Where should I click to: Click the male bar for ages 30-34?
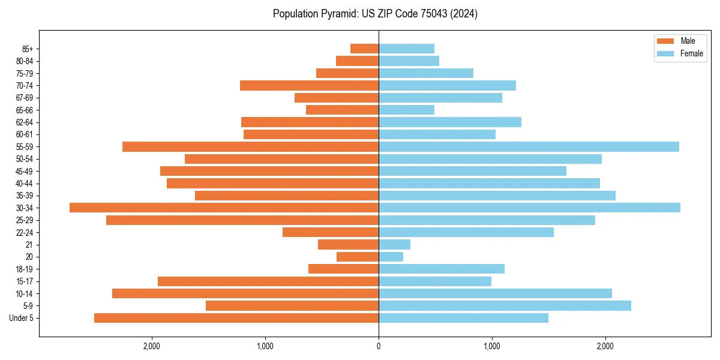pyautogui.click(x=224, y=208)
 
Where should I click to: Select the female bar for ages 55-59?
pyautogui.click(x=529, y=146)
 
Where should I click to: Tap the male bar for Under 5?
pyautogui.click(x=236, y=318)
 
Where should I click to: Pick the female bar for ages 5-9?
pyautogui.click(x=505, y=305)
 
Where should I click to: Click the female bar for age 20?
pyautogui.click(x=391, y=257)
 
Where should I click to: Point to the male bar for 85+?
pyautogui.click(x=364, y=49)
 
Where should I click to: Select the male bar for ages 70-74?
pyautogui.click(x=309, y=85)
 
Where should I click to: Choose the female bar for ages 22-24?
pyautogui.click(x=466, y=232)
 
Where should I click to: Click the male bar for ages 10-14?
pyautogui.click(x=245, y=293)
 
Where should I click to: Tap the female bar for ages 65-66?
pyautogui.click(x=406, y=110)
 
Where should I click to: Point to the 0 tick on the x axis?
pyautogui.click(x=379, y=346)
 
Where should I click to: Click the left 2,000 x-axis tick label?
pyautogui.click(x=152, y=346)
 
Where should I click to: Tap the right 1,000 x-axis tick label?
pyautogui.click(x=492, y=346)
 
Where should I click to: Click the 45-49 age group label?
pyautogui.click(x=25, y=171)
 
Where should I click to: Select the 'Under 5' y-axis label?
pyautogui.click(x=22, y=318)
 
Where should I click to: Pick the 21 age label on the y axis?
pyautogui.click(x=29, y=245)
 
